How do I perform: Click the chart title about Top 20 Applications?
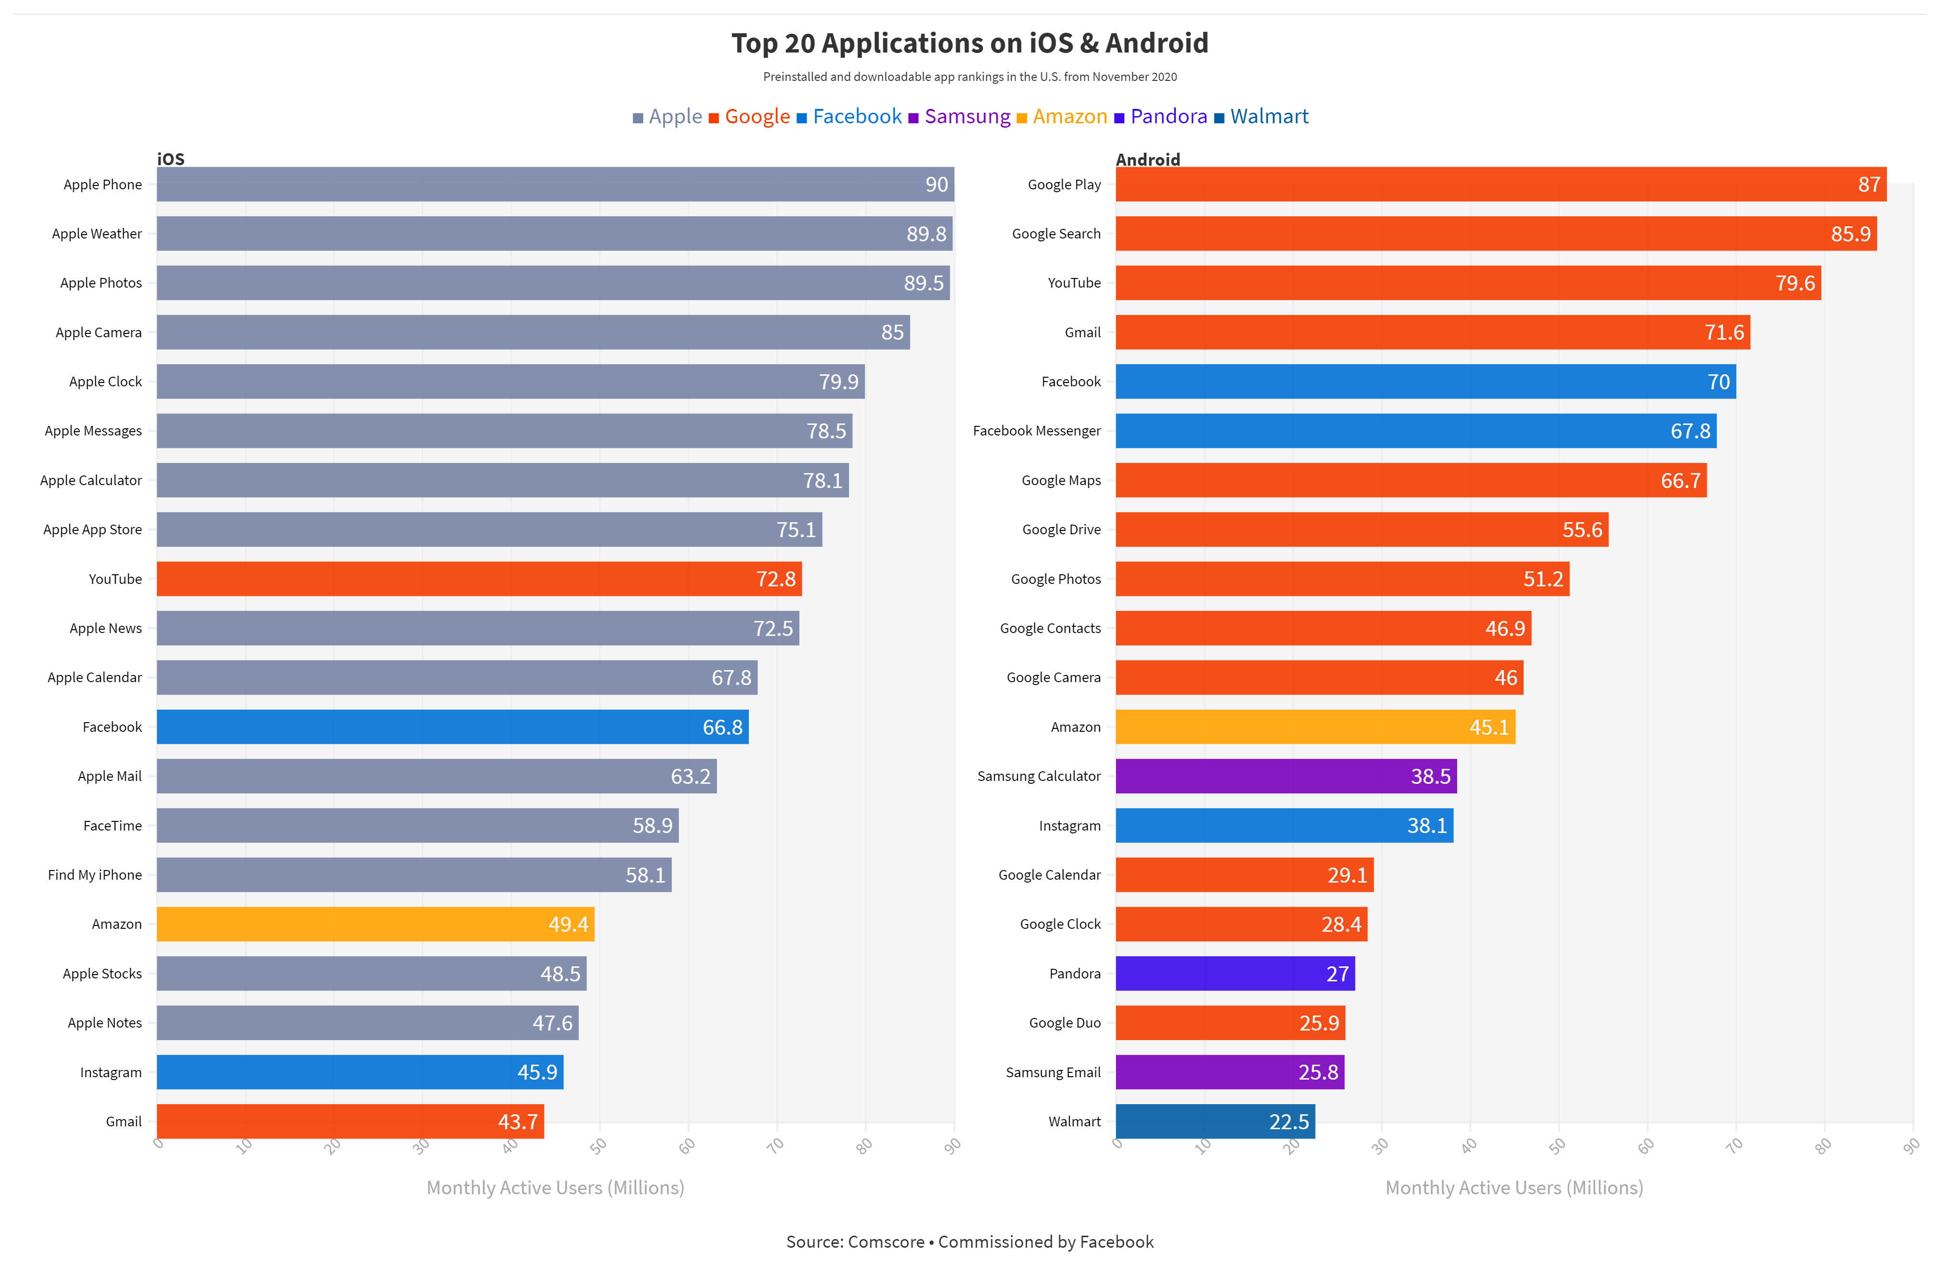click(969, 43)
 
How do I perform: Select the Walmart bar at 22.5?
click(1214, 1121)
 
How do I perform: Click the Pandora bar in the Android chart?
click(1234, 974)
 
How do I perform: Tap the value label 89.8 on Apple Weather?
click(926, 234)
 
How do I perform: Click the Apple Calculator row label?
click(91, 480)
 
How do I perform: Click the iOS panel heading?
click(171, 159)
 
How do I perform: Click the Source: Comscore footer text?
click(969, 1242)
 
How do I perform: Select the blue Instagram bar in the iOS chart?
click(359, 1072)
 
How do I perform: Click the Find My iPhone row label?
click(94, 874)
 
